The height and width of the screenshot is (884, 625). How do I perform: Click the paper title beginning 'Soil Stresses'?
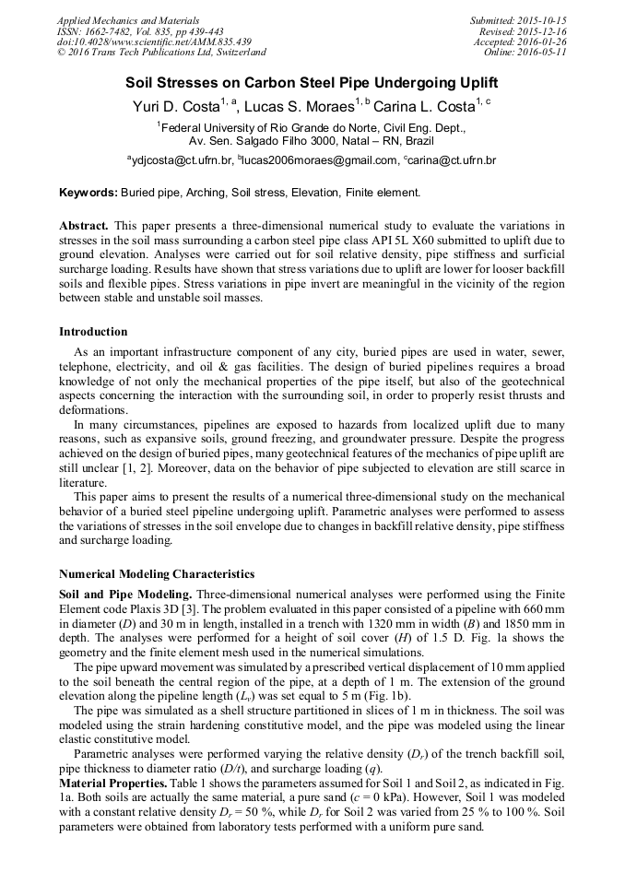[312, 82]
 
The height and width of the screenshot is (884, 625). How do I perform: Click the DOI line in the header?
[153, 42]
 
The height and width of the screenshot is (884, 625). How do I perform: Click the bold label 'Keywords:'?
[88, 193]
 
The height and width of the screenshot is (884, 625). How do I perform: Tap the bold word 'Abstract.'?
[84, 225]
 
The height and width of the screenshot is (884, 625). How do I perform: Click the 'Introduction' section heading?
[93, 332]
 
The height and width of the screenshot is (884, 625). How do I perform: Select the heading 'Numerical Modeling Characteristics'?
[157, 574]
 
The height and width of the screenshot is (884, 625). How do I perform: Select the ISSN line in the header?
[140, 31]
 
